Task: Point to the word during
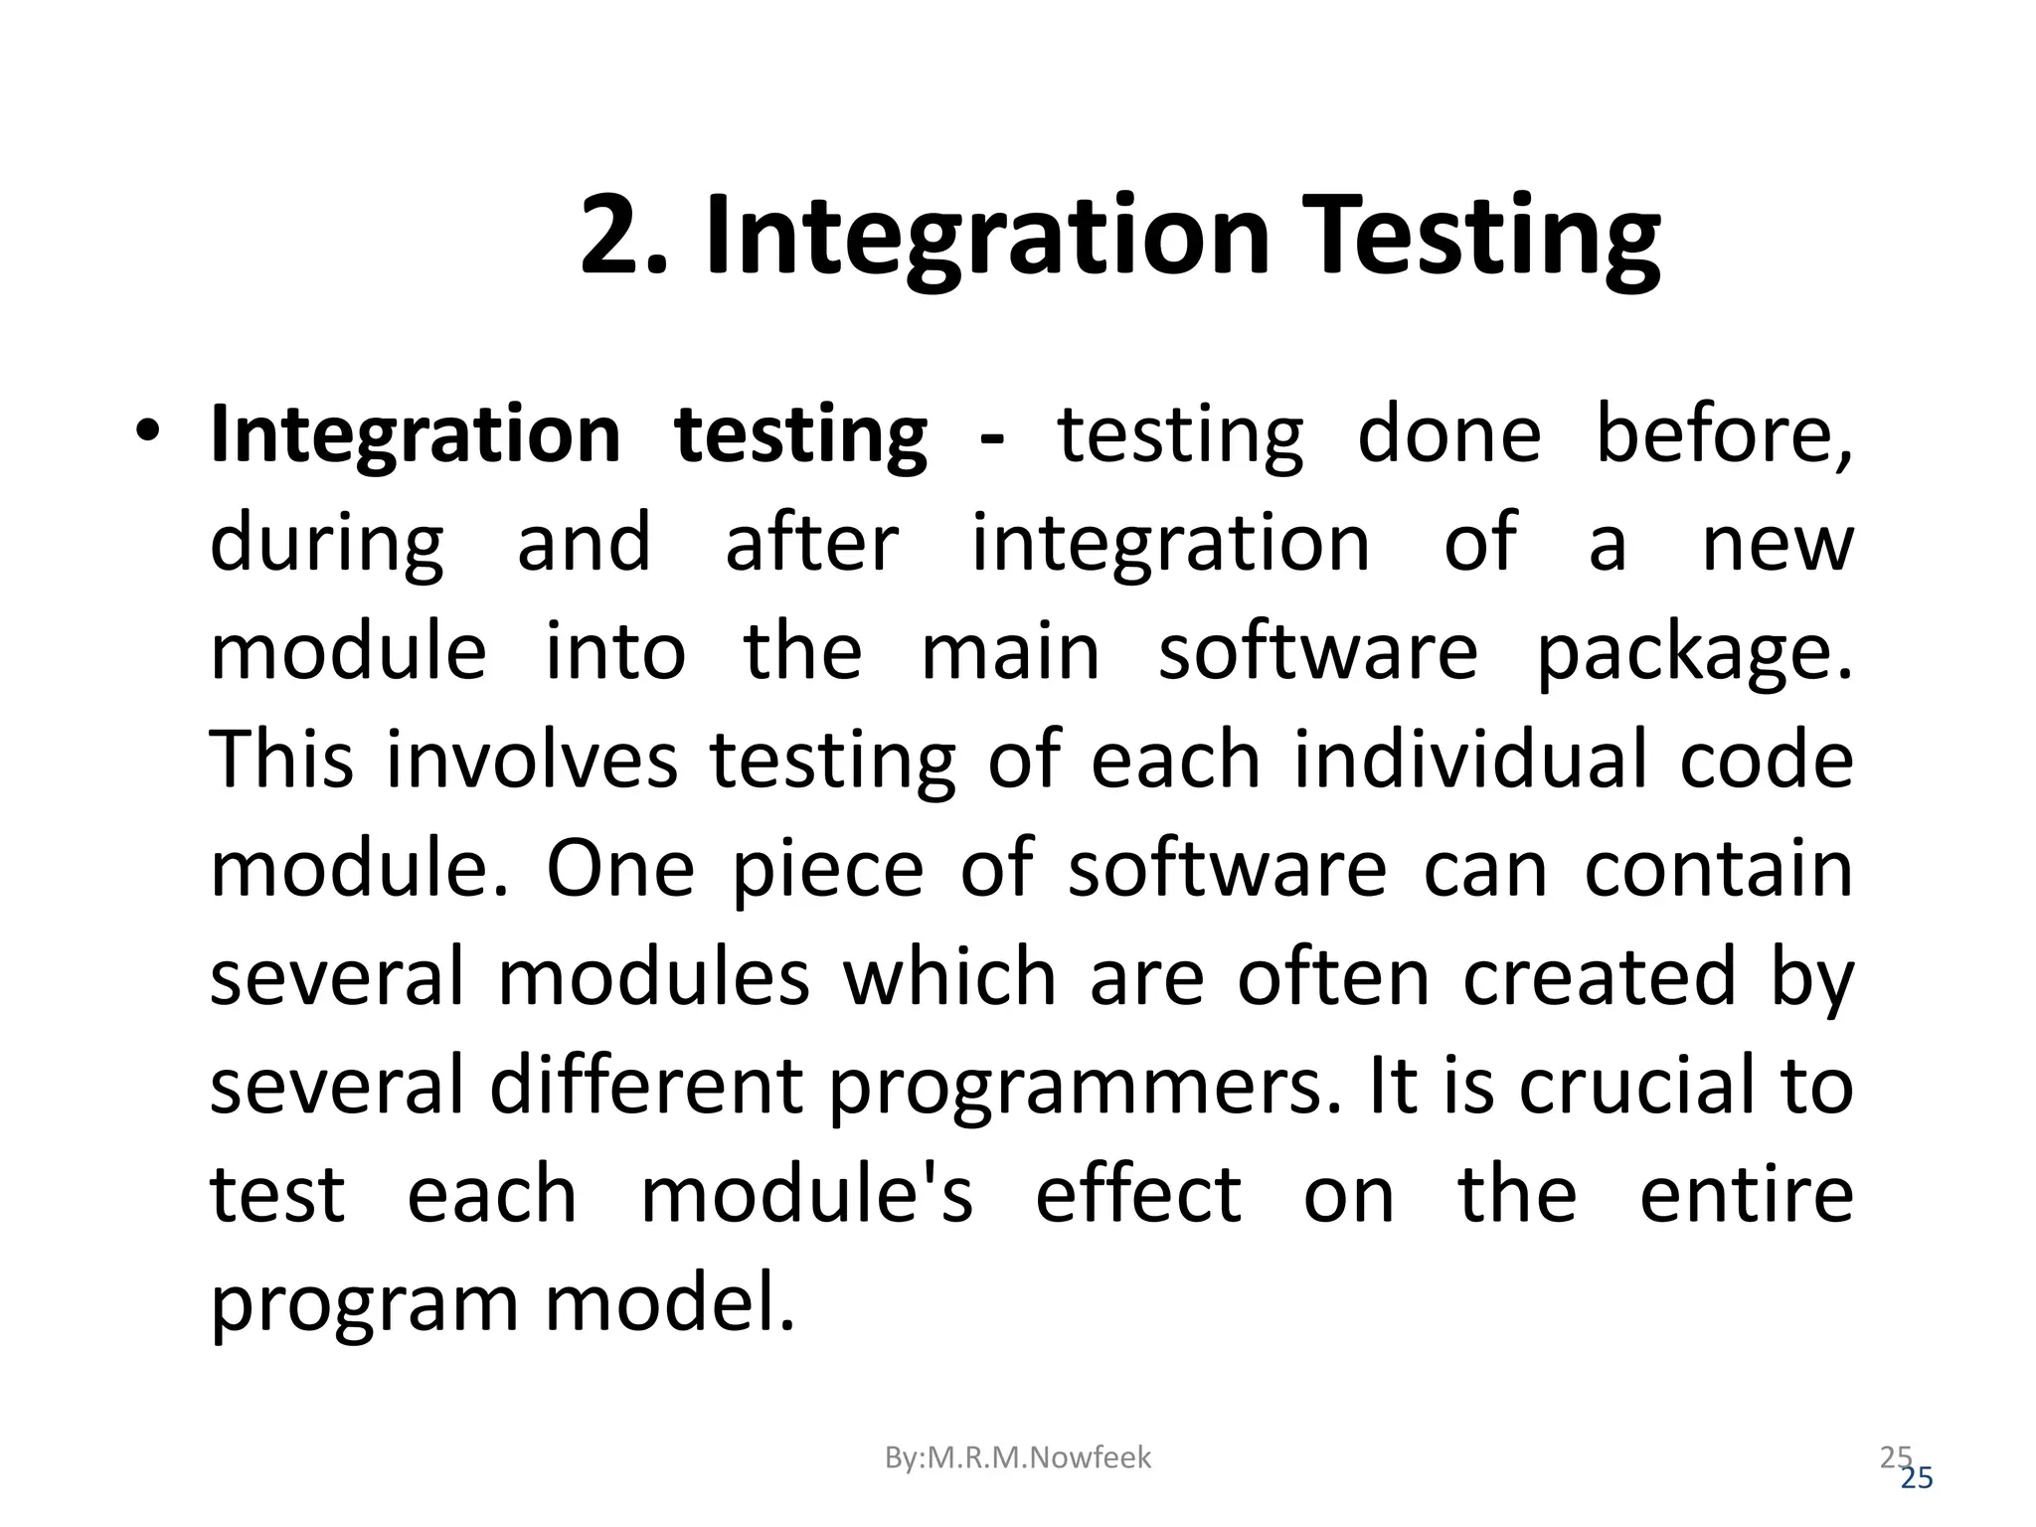pyautogui.click(x=327, y=544)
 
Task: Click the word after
pyautogui.click(x=811, y=544)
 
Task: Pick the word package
pyautogui.click(x=1694, y=653)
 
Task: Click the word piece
pyautogui.click(x=827, y=869)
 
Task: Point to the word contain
pyautogui.click(x=1718, y=869)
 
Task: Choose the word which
pyautogui.click(x=949, y=977)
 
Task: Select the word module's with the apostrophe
pyautogui.click(x=805, y=1194)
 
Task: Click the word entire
pyautogui.click(x=1746, y=1194)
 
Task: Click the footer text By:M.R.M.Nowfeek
pyautogui.click(x=1017, y=1457)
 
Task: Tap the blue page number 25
pyautogui.click(x=1917, y=1478)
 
